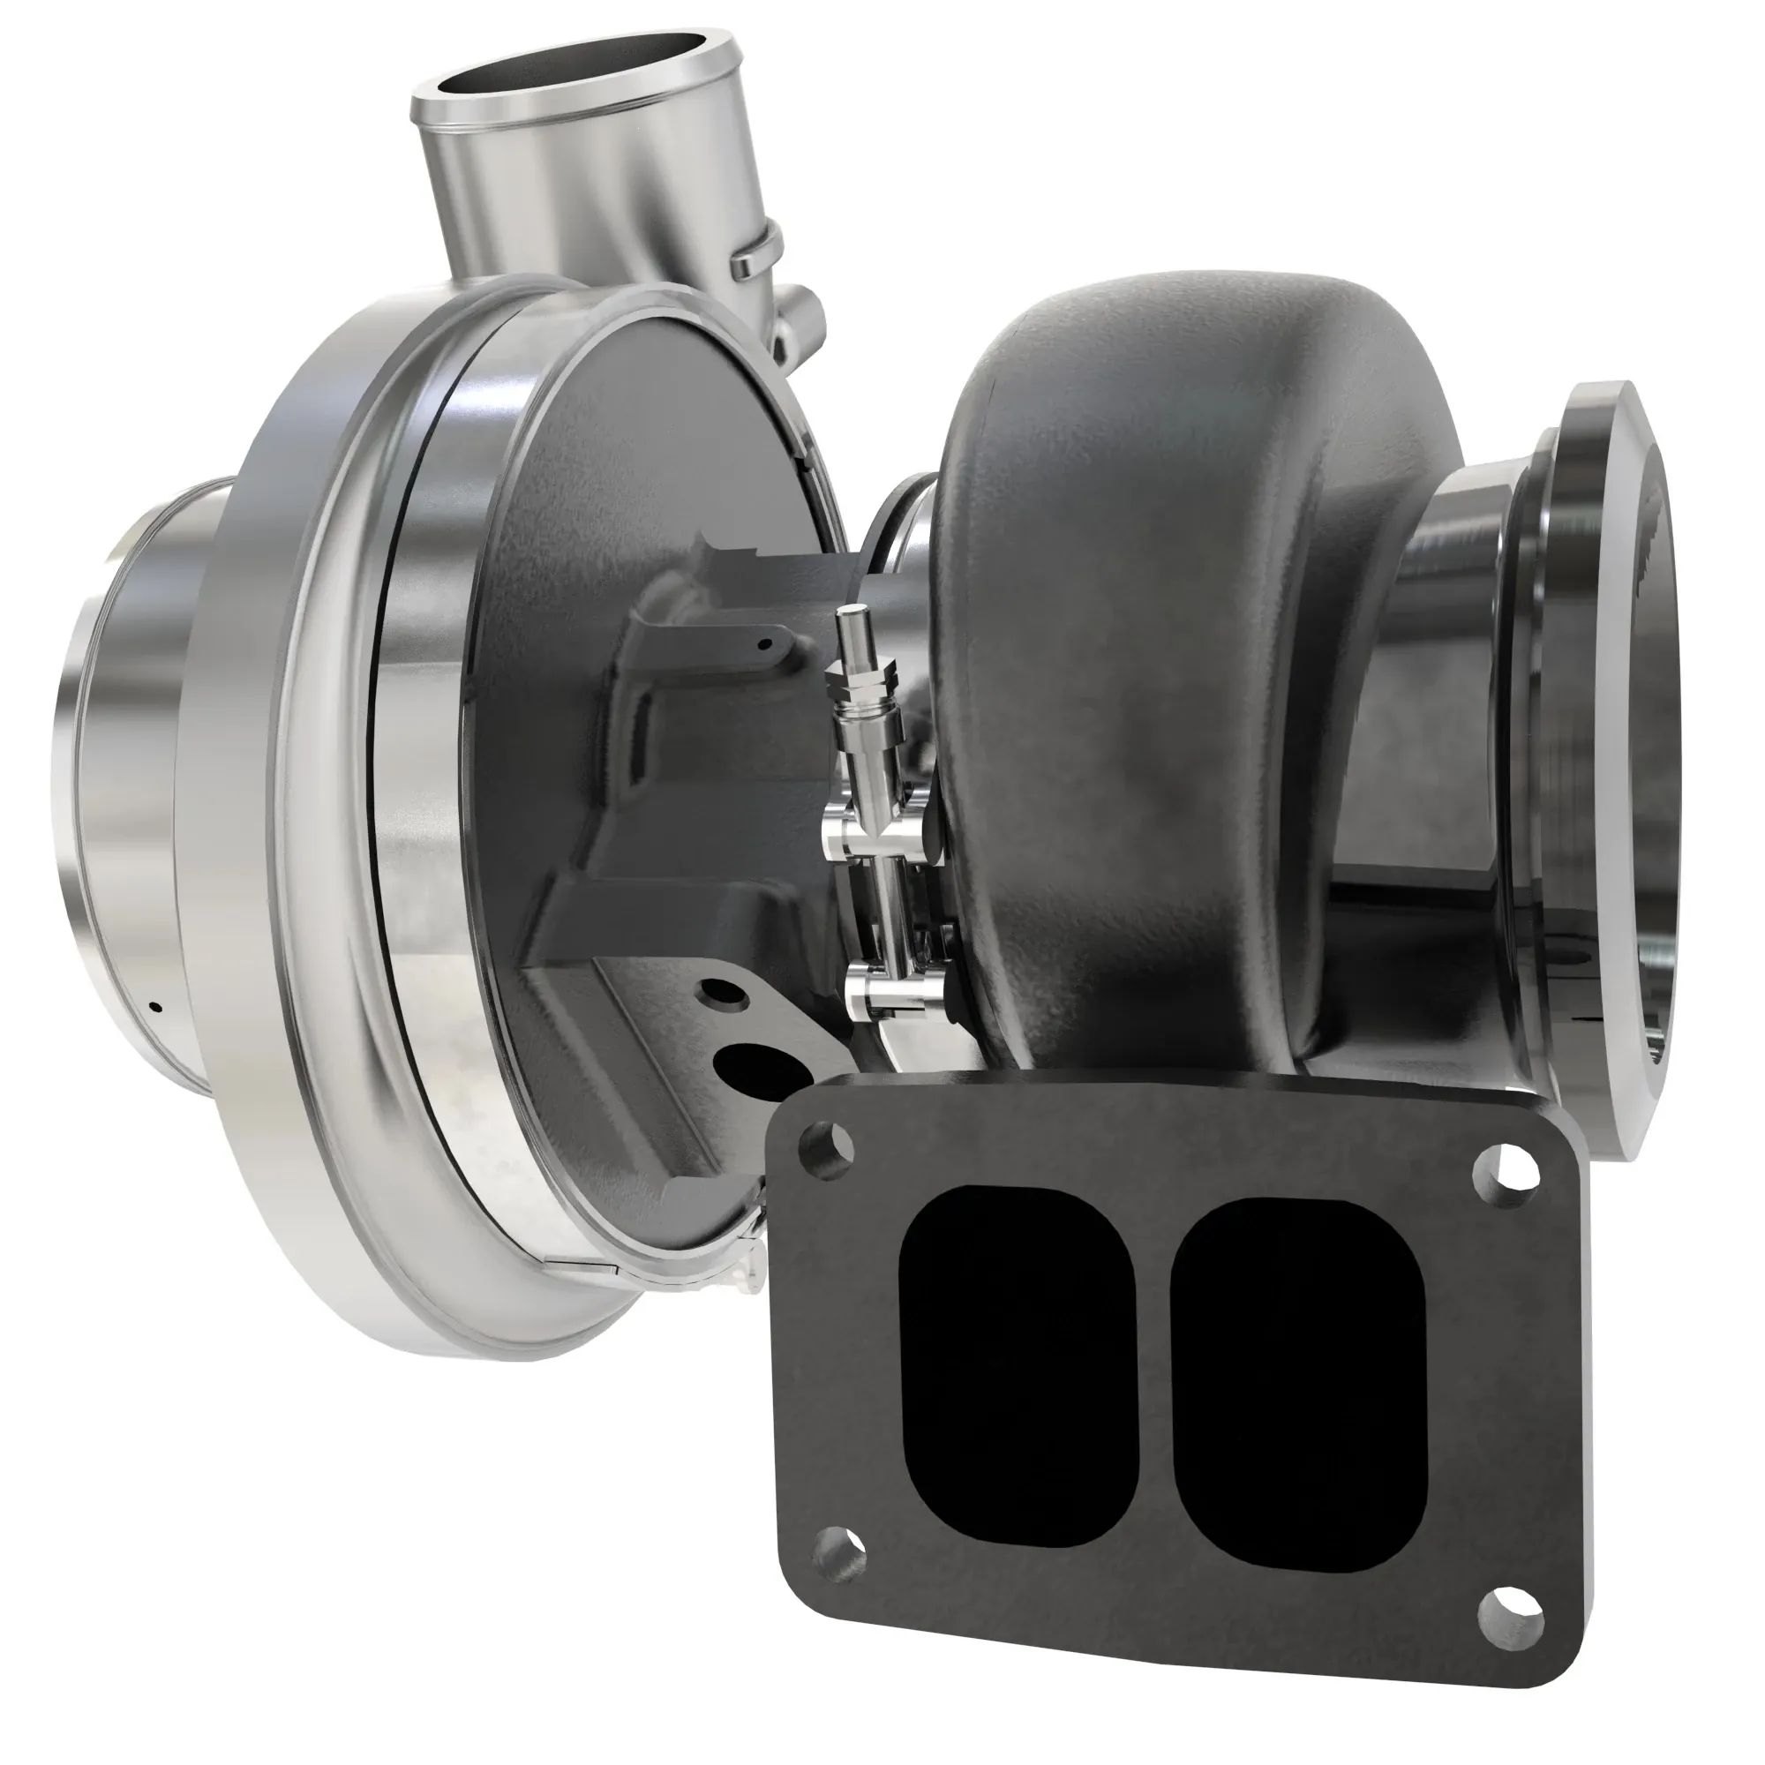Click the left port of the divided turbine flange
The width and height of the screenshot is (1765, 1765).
pos(1018,1367)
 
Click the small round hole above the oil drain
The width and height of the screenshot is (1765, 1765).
pos(721,990)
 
